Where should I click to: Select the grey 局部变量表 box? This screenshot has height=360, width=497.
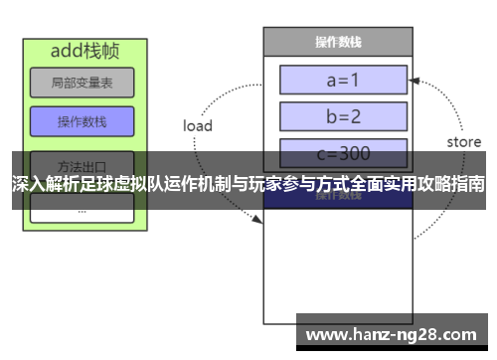(x=82, y=83)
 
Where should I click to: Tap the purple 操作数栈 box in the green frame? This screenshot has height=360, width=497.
(x=82, y=121)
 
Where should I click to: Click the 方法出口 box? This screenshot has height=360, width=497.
(x=82, y=164)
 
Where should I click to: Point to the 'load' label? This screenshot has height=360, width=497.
(x=198, y=126)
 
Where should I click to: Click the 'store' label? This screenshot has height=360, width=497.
(x=463, y=142)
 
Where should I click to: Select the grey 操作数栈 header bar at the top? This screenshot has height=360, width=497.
(x=337, y=42)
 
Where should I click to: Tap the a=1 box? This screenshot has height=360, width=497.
(x=343, y=80)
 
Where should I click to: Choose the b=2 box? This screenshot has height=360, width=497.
(x=343, y=116)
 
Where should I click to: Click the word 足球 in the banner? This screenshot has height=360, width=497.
(x=94, y=184)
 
